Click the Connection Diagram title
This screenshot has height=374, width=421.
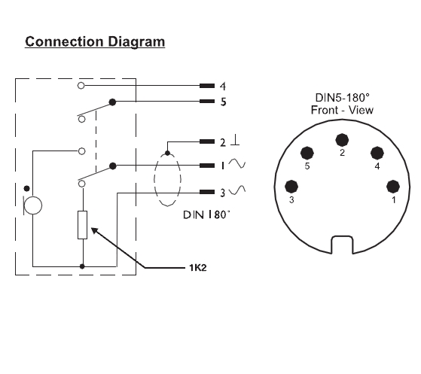click(95, 42)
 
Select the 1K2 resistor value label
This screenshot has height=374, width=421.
click(198, 268)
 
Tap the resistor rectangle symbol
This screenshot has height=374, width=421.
click(82, 225)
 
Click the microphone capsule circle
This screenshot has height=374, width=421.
click(33, 205)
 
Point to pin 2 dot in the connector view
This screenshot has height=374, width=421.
click(342, 140)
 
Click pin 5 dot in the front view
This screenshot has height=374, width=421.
click(307, 154)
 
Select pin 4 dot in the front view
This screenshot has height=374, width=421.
click(377, 154)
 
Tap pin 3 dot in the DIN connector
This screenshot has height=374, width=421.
click(291, 187)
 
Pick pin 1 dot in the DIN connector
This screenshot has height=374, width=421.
click(393, 187)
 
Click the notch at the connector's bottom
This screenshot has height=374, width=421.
click(342, 245)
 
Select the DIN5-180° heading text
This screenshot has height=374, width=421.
click(343, 98)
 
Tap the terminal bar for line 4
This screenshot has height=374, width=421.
click(207, 86)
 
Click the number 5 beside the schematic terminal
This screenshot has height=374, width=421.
click(224, 102)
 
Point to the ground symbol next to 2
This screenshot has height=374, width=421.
click(235, 141)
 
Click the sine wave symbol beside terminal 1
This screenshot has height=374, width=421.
click(236, 163)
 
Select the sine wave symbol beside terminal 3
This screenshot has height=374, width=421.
click(236, 190)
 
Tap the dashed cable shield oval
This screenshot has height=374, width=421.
click(154, 179)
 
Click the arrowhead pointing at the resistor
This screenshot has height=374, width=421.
click(95, 231)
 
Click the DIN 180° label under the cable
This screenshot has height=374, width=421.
click(206, 215)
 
